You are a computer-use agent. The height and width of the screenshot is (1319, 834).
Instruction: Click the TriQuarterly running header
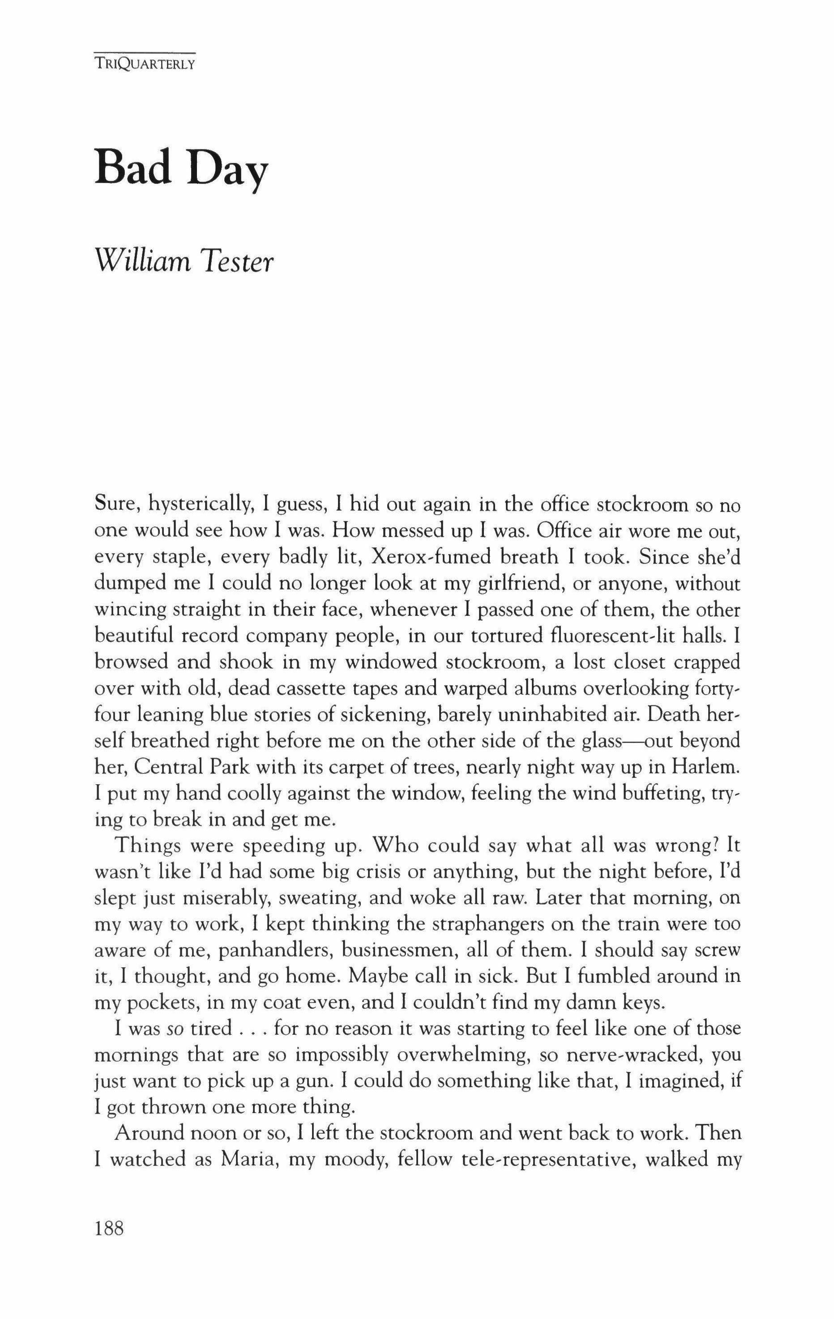pyautogui.click(x=145, y=63)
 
